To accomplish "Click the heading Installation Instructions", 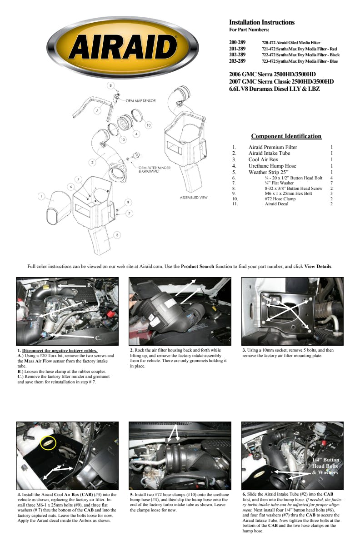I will (261, 22).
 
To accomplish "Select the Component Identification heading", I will (286, 136).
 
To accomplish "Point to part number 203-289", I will (237, 61).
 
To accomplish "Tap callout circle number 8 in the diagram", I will (110, 85).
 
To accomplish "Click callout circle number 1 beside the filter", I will (41, 196).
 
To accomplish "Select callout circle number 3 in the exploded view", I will (117, 234).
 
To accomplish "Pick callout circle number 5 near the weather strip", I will (97, 110).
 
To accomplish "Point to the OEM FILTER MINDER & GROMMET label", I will (155, 169).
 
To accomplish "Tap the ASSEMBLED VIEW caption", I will (194, 198).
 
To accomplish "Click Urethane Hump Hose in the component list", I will (272, 166).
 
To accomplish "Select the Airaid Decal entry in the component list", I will (277, 204).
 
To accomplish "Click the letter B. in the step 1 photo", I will (90, 284).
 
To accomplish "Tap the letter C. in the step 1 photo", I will (98, 338).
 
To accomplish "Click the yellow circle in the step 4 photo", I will (49, 442).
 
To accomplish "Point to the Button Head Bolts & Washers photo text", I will (325, 466).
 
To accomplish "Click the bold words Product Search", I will (197, 266).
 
